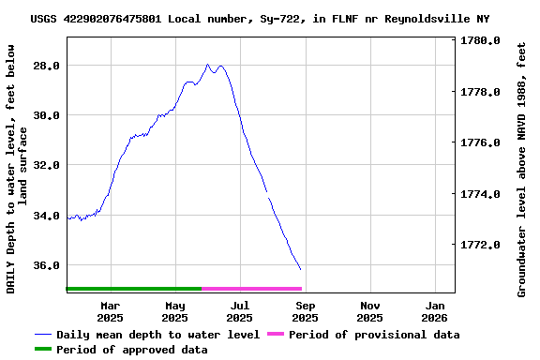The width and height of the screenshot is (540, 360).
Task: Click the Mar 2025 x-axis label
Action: coord(111,311)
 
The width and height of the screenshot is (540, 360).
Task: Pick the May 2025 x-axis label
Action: coord(175,311)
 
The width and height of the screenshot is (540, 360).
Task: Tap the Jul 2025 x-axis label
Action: coord(240,311)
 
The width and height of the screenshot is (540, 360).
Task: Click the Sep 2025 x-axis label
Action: coord(306,311)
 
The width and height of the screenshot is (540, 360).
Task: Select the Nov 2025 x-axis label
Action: coord(370,311)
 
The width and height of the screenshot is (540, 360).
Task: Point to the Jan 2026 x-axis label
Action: coord(435,311)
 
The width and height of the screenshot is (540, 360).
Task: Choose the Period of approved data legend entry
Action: coord(131,350)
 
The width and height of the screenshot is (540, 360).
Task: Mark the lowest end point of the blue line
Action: coord(301,270)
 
